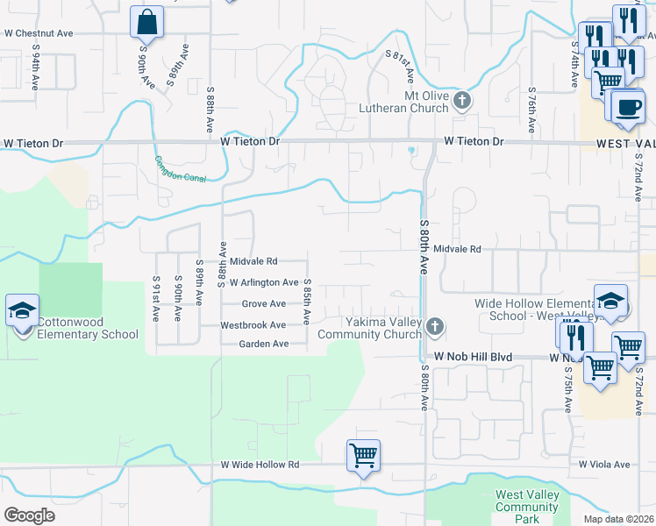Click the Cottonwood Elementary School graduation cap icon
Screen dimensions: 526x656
coord(22,309)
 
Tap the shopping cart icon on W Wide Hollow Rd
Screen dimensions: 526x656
coord(363,455)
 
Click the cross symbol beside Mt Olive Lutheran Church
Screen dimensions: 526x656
coord(463,102)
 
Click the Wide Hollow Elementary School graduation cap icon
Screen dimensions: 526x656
coord(611,300)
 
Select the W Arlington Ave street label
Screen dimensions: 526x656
coord(264,282)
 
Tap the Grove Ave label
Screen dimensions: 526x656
coord(264,303)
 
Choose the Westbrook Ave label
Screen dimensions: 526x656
coord(253,324)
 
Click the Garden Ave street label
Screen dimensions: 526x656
coord(263,345)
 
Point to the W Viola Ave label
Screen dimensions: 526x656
coord(604,465)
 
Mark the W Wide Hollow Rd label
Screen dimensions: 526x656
coord(260,465)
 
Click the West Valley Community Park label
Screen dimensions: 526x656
coord(527,507)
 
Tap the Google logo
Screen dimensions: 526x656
coord(30,515)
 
